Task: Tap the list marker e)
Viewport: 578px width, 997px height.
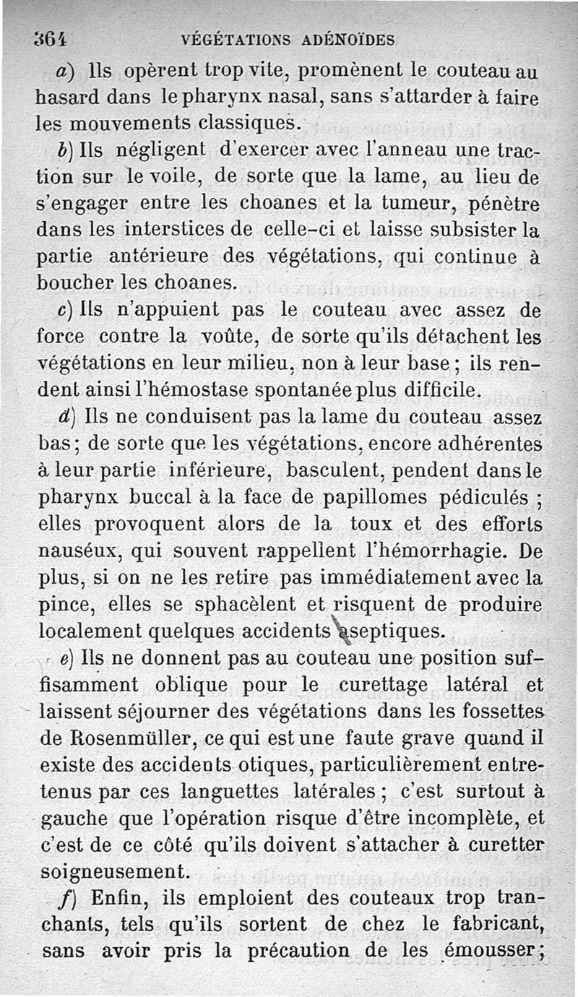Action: [x=66, y=658]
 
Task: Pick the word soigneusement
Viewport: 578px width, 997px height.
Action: [x=113, y=871]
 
